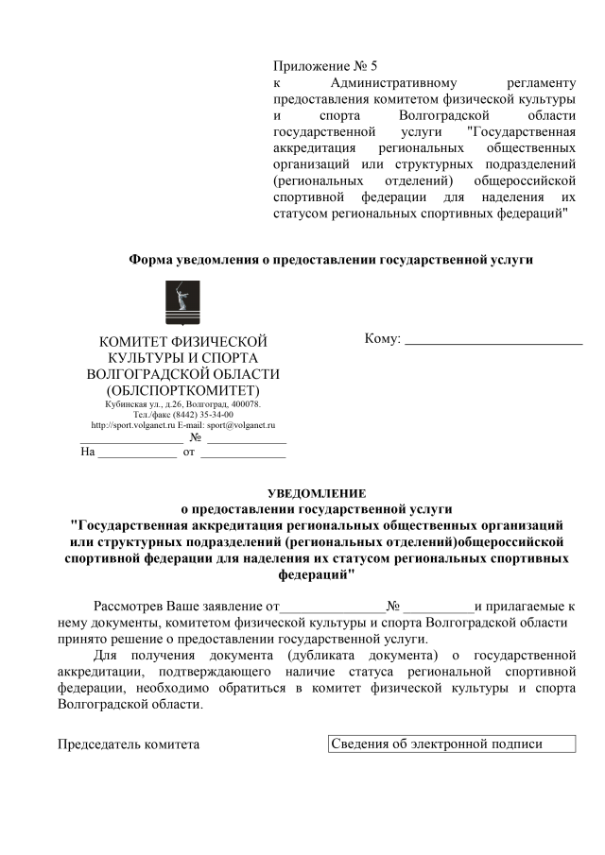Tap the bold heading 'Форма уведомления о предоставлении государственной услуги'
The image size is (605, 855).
click(331, 259)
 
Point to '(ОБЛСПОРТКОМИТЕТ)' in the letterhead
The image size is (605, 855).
click(182, 389)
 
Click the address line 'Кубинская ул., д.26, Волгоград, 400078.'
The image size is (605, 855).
click(183, 404)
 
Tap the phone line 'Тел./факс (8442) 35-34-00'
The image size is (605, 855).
click(183, 415)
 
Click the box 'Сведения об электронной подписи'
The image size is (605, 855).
click(452, 744)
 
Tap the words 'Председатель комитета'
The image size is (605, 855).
click(129, 744)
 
